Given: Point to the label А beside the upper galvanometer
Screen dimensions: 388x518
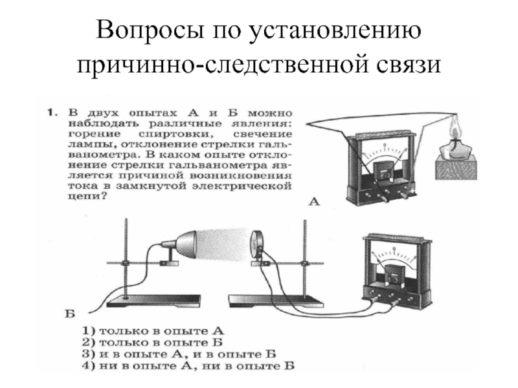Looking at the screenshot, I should tap(313, 203).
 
